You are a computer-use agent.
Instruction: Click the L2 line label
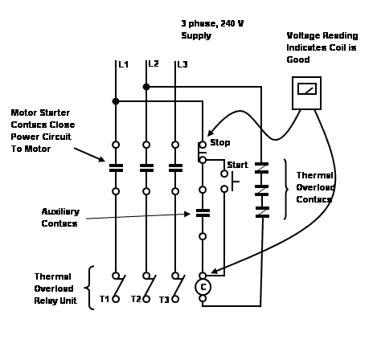coord(154,63)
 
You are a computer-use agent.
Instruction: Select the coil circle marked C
coord(203,286)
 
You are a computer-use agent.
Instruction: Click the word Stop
coord(219,143)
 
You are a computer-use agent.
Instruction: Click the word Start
coord(237,165)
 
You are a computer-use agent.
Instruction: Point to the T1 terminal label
coord(104,299)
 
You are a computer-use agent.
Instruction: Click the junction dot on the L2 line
coord(146,86)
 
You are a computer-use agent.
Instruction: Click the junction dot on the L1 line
coord(117,101)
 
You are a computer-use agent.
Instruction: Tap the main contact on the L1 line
coord(117,169)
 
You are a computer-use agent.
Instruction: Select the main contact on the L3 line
coord(175,169)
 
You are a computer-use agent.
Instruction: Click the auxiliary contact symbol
coord(203,214)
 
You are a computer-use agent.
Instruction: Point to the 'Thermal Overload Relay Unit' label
coord(56,288)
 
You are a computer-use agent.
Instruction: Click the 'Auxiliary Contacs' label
coord(60,217)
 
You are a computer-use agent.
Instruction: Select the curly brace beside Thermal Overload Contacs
coord(286,189)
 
